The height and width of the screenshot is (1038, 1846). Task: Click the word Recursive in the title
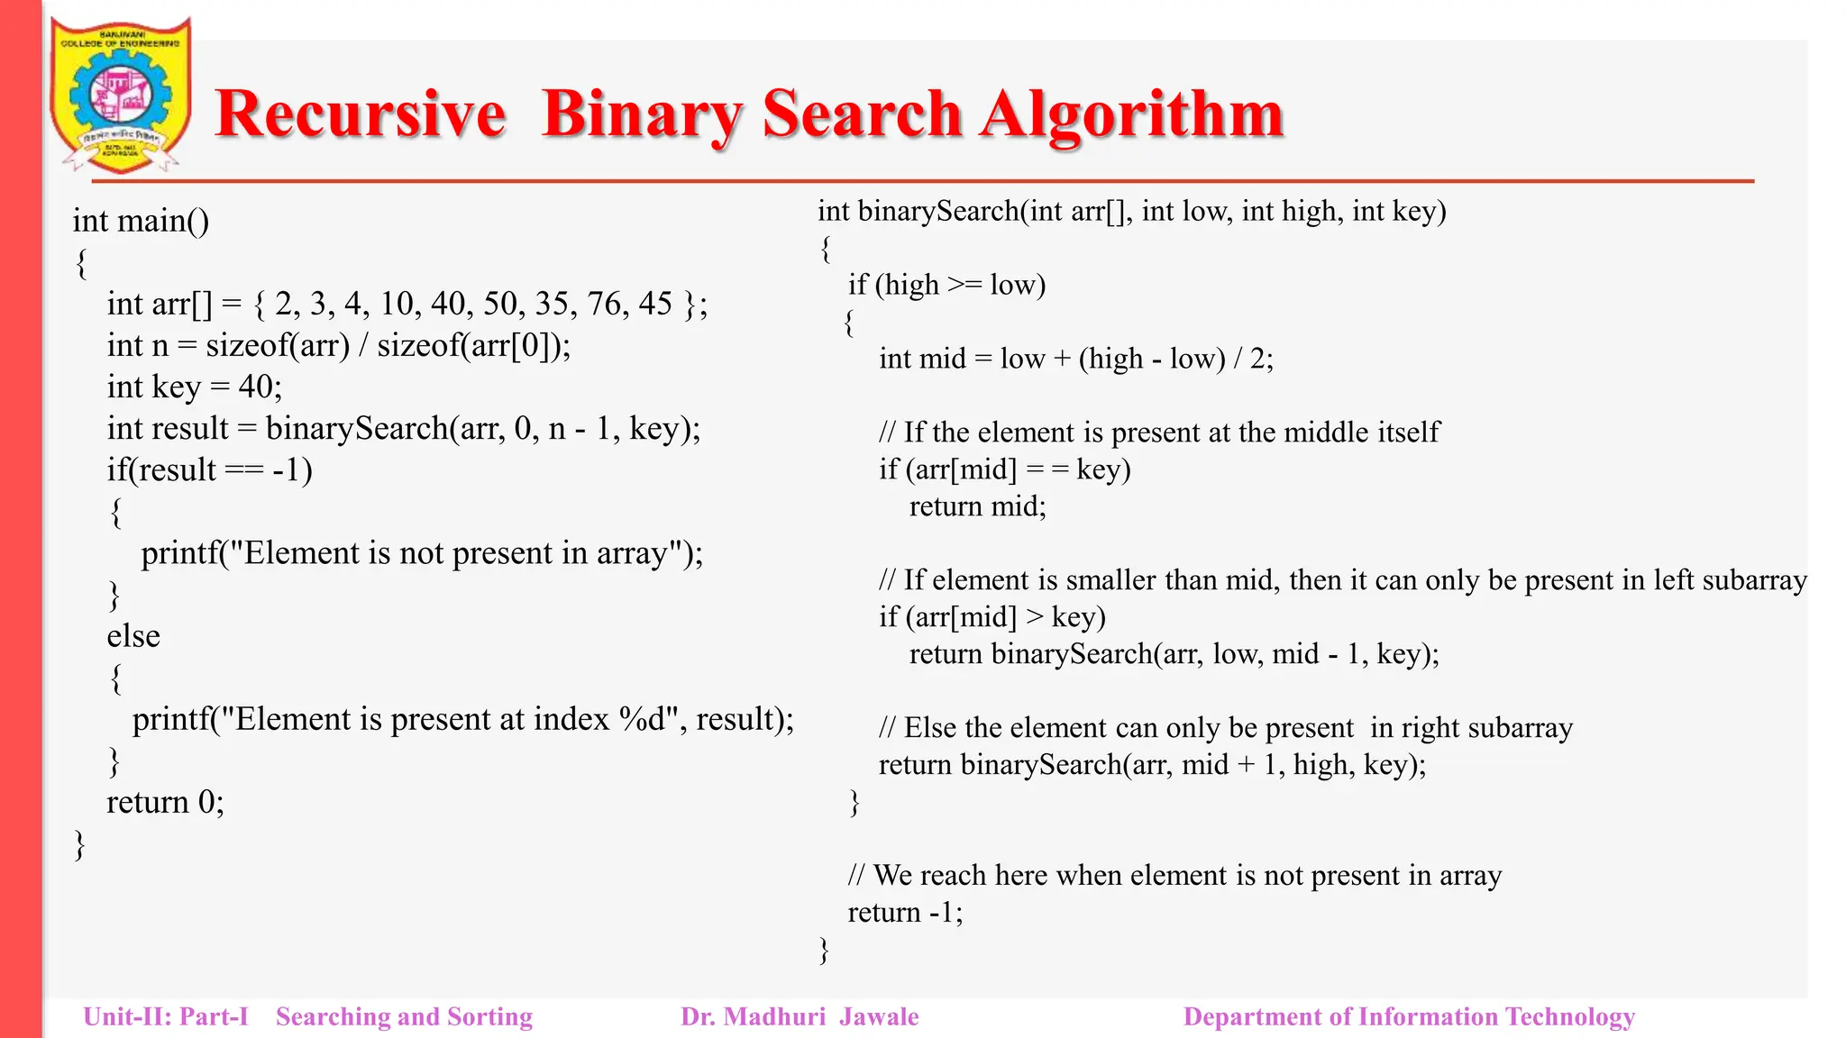(360, 114)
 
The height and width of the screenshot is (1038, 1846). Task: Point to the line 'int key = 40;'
(194, 387)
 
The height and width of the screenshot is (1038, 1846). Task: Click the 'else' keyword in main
(133, 636)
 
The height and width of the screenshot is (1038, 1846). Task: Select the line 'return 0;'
(165, 802)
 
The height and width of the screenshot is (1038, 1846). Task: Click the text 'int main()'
(141, 221)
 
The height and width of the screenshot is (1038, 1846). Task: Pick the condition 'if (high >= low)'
(946, 285)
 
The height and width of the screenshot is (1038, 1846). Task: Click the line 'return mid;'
(977, 506)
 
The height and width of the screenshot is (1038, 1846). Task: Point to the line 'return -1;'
(905, 913)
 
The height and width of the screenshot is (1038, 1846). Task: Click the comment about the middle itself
(1159, 432)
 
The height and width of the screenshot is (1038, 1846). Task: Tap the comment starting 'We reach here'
(1174, 876)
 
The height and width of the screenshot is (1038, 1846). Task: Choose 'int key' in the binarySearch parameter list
(1398, 212)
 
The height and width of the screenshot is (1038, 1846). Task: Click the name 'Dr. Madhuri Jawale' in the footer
(800, 1017)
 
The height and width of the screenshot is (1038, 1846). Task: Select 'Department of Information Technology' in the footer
(1408, 1017)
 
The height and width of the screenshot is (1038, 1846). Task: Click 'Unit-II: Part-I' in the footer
(166, 1017)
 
